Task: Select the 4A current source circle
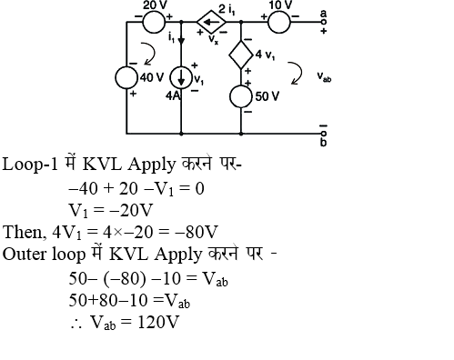point(183,81)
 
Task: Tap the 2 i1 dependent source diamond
point(212,17)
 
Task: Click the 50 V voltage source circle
point(241,94)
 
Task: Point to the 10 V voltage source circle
point(277,17)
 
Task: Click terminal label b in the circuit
point(323,142)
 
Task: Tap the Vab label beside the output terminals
point(324,78)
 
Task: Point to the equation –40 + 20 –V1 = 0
point(136,187)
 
